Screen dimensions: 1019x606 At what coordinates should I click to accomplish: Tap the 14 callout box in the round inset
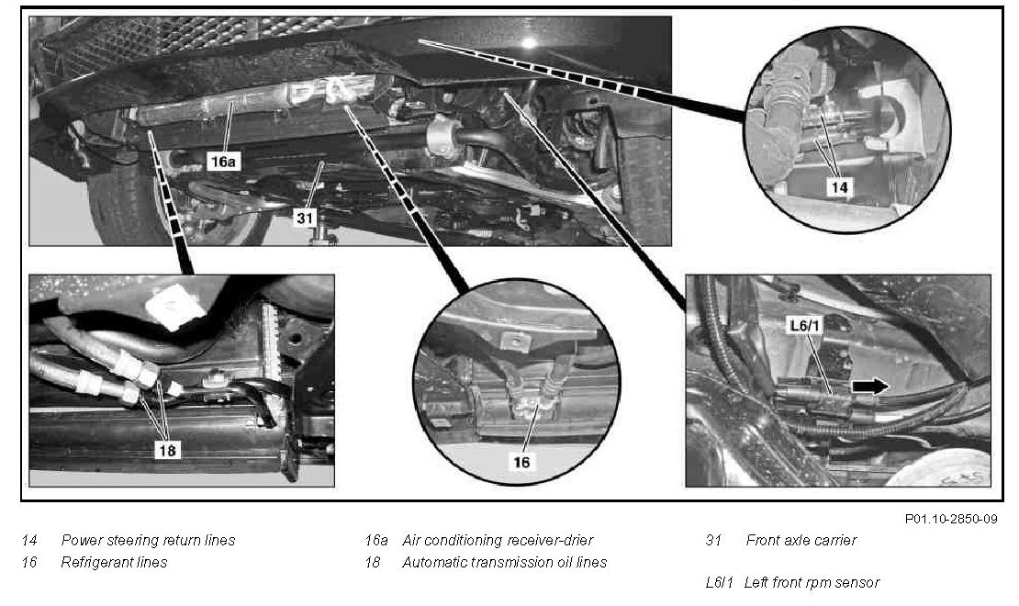coord(838,187)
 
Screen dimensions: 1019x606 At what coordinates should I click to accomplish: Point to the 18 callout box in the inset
coord(168,451)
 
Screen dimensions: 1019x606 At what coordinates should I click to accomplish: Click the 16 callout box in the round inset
coord(521,462)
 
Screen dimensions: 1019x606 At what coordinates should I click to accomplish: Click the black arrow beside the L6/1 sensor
coord(871,387)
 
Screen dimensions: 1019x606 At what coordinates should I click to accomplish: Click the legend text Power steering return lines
coord(148,540)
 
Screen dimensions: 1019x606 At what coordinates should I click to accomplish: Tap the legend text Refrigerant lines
coord(114,562)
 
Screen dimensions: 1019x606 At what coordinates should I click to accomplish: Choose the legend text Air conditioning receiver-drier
coord(498,540)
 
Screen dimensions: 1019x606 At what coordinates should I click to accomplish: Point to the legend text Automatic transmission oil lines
coord(504,562)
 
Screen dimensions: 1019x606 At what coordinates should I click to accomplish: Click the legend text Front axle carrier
coord(801,540)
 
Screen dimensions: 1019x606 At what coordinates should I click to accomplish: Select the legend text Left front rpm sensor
coord(812,582)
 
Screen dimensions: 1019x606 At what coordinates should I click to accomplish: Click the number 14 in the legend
coord(29,540)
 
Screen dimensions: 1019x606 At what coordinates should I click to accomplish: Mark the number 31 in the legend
coord(712,540)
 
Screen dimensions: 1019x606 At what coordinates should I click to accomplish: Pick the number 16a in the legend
coord(376,540)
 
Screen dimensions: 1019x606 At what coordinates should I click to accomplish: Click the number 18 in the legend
coord(373,562)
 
